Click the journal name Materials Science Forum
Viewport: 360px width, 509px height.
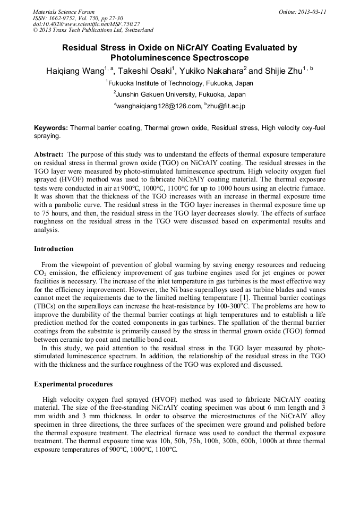pyautogui.click(x=64, y=12)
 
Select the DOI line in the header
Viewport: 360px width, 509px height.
pyautogui.click(x=86, y=24)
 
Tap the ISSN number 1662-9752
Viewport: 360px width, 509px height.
pyautogui.click(x=64, y=18)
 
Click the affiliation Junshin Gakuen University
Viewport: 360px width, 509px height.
pyautogui.click(x=181, y=94)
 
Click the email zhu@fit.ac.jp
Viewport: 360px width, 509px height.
pyautogui.click(x=226, y=106)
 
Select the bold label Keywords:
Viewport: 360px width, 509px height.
pyautogui.click(x=51, y=128)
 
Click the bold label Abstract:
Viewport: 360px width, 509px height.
pyautogui.click(x=49, y=153)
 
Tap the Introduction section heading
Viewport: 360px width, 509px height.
pyautogui.click(x=54, y=248)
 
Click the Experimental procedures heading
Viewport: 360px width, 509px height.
pyautogui.click(x=73, y=384)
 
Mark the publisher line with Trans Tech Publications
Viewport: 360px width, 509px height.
pyautogui.click(x=93, y=30)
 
